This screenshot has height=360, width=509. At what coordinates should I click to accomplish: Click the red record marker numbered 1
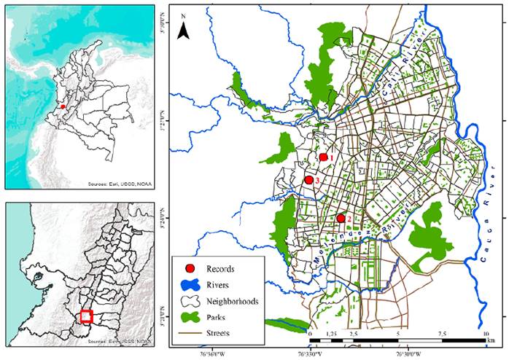324,157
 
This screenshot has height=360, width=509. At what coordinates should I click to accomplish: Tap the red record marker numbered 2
341,218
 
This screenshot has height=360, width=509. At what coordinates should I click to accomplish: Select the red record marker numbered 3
308,179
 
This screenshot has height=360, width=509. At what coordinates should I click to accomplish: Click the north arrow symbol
184,28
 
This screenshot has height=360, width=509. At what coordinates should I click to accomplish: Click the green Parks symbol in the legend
190,316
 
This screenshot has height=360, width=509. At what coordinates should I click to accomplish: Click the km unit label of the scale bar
493,341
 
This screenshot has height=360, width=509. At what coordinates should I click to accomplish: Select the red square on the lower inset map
86,316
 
